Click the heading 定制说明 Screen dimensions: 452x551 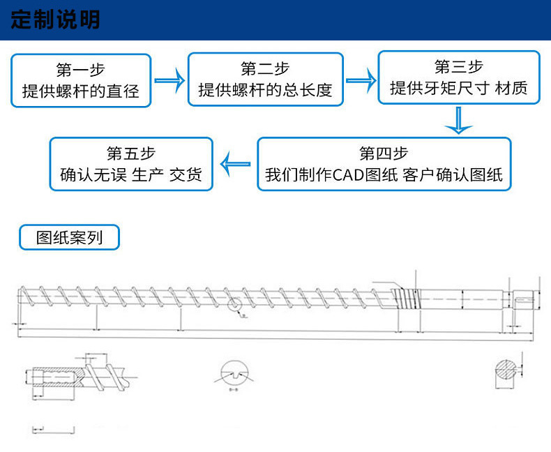56,20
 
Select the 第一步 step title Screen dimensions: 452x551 80,70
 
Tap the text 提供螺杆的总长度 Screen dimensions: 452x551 266,90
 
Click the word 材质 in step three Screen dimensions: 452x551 514,89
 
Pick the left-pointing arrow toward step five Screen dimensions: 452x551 235,164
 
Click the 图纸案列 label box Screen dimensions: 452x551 69,238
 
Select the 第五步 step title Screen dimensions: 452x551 131,153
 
